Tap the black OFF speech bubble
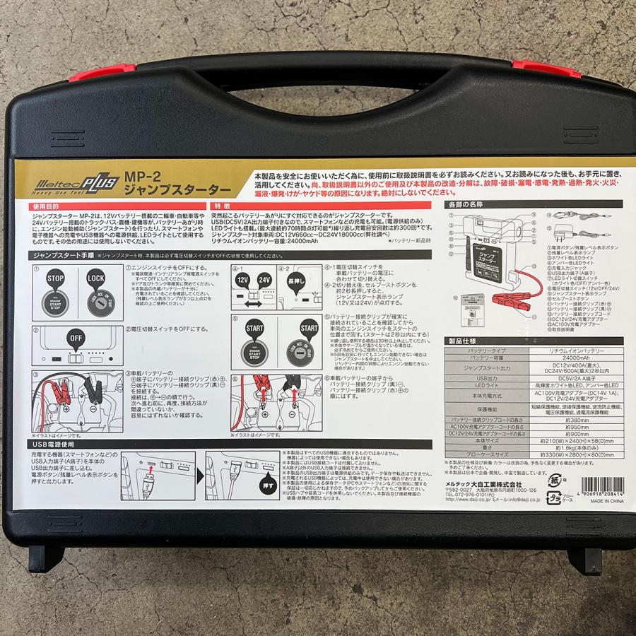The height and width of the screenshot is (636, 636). point(75,338)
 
